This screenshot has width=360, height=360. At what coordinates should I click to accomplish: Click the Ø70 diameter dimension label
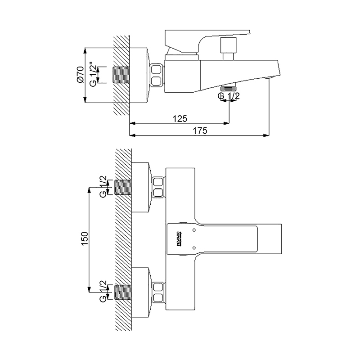pos(80,75)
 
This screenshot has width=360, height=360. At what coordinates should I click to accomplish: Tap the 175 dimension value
pos(200,130)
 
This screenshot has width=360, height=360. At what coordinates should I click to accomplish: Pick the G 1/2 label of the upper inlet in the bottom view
pos(103,186)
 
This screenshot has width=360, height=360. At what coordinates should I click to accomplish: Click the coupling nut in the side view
pos(157,75)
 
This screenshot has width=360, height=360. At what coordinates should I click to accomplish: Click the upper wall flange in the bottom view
pos(142,187)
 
